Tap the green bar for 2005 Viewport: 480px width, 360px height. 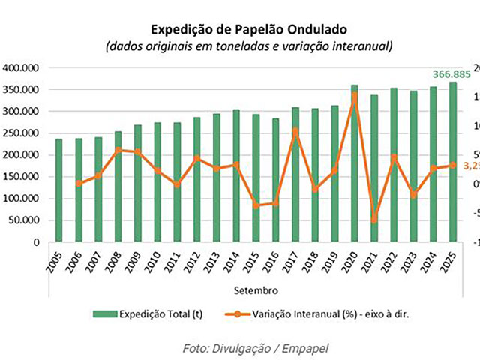coord(58,191)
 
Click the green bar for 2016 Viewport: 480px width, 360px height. coord(275,180)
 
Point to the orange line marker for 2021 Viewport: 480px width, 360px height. coord(374,220)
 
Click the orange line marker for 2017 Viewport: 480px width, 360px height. coord(295,131)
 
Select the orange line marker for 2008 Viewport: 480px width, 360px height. coord(118,150)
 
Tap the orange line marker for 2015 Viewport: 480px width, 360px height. coord(256,205)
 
